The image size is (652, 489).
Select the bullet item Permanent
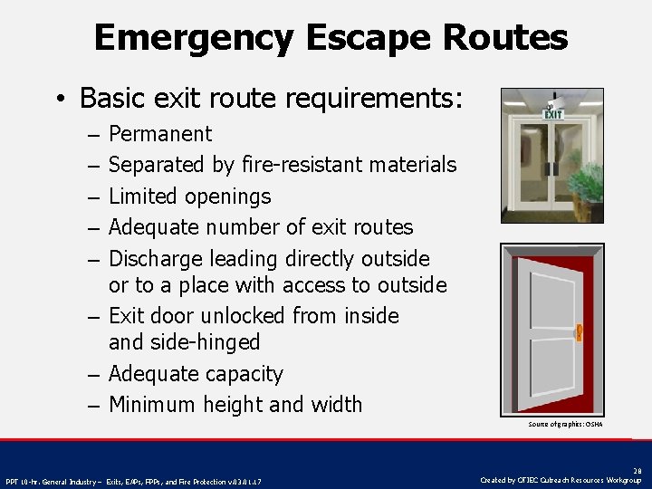pos(160,134)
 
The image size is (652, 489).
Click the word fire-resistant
pos(301,165)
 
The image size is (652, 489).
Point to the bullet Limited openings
pos(189,197)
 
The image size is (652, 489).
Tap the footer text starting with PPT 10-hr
pos(134,481)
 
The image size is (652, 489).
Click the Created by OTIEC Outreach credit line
pos(561,480)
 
